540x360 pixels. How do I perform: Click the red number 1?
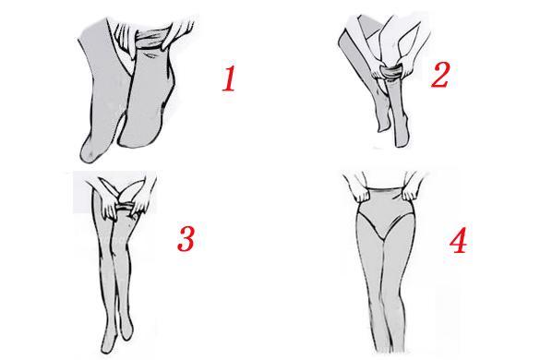[229, 78]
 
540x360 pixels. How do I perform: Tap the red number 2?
[440, 75]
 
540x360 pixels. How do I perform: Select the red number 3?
[186, 239]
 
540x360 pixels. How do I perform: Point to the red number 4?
[459, 240]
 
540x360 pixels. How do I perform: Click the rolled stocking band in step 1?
[151, 39]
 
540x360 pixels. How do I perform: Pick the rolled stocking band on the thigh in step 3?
[125, 207]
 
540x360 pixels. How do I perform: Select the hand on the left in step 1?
[126, 34]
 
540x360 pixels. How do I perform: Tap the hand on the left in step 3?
[110, 206]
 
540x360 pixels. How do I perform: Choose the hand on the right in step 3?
[141, 203]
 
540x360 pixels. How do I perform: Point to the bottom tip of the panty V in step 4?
[382, 239]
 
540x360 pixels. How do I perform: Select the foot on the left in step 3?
[108, 340]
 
